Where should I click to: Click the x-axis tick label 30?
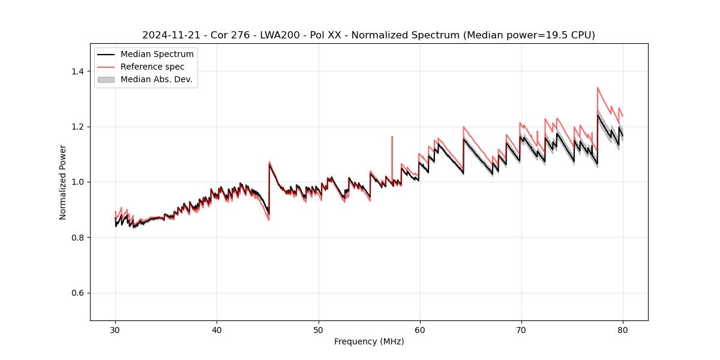[x=115, y=330]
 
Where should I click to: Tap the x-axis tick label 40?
[x=217, y=330]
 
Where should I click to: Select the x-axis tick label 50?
[x=319, y=330]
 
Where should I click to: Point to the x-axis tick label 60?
[x=420, y=330]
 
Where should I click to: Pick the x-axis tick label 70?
[x=521, y=330]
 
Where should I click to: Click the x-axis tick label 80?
[x=623, y=330]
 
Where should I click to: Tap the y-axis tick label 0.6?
[x=78, y=293]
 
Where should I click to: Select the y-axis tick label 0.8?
[x=78, y=238]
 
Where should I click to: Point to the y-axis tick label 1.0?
[x=78, y=182]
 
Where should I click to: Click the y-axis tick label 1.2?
[x=78, y=127]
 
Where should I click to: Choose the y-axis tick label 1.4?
[x=78, y=71]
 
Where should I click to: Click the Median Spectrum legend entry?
[x=157, y=55]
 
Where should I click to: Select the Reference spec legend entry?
[x=152, y=67]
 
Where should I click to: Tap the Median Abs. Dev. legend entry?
[x=156, y=79]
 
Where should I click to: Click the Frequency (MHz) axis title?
[x=369, y=342]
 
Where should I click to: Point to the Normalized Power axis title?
[x=63, y=182]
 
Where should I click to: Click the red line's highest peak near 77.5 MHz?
[x=598, y=88]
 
